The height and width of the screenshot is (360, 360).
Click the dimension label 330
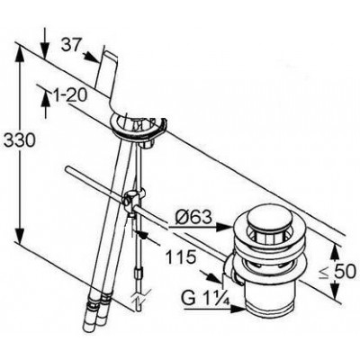[20, 140]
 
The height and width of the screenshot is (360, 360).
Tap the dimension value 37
[71, 46]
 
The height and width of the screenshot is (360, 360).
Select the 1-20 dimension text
[69, 96]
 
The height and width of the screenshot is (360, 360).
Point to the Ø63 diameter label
[193, 217]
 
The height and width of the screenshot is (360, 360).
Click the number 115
[181, 257]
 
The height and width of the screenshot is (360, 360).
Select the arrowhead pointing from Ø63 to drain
[224, 228]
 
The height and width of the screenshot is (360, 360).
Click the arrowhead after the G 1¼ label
[238, 309]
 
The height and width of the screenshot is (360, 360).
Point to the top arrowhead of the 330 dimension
[21, 53]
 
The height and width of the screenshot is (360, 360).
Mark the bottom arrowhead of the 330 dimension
[20, 237]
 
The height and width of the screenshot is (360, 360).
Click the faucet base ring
[138, 125]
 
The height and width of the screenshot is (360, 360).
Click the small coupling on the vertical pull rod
[138, 274]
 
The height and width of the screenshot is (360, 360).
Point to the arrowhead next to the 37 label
[92, 58]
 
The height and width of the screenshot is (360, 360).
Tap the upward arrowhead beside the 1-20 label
[45, 97]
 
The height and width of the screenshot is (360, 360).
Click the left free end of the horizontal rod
[67, 168]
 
